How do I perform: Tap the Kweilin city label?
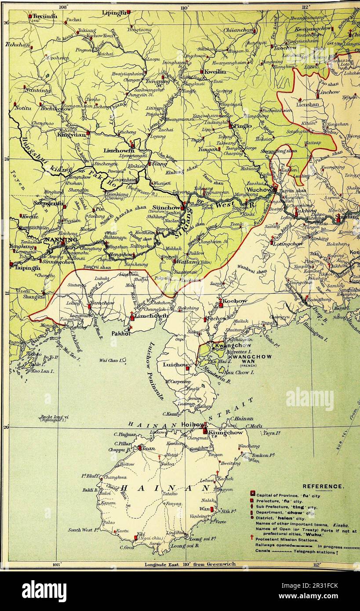click(215, 72)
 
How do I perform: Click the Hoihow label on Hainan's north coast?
click(192, 425)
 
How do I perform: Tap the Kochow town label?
click(235, 301)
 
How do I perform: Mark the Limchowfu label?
click(152, 316)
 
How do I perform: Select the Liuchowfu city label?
click(119, 150)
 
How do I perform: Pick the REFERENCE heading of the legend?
click(323, 486)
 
